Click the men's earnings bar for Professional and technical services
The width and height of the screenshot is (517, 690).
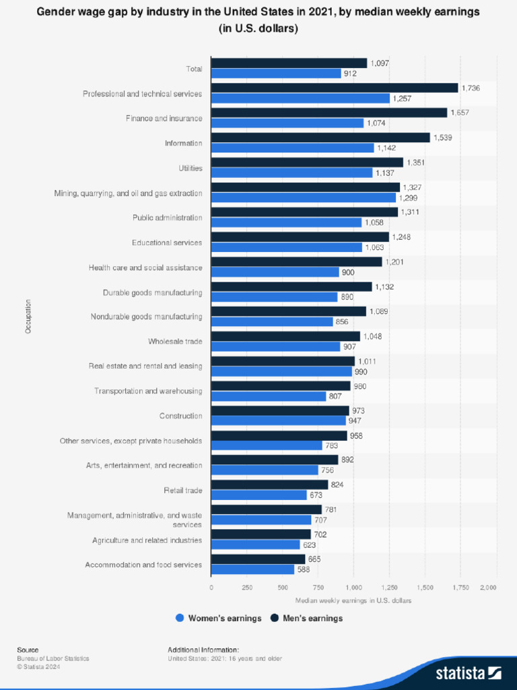point(335,88)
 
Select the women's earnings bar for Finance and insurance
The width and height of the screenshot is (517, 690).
point(287,123)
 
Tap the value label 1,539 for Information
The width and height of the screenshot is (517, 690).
point(443,137)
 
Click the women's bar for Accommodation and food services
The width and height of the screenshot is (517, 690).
point(253,569)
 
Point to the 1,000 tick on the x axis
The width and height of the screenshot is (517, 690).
point(353,588)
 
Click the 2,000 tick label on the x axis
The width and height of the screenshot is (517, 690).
point(487,588)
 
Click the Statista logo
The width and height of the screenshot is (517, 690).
point(468,672)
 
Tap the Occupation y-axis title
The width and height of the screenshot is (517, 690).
point(28,317)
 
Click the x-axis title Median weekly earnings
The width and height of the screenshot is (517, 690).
point(353,600)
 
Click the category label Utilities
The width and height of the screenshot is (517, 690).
point(190,168)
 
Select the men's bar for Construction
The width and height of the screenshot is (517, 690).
point(280,410)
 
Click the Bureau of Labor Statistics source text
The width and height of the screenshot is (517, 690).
point(53,658)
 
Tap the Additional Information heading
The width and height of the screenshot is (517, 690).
point(203,650)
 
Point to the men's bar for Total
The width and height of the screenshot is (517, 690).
point(289,63)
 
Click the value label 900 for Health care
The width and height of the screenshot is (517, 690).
point(348,272)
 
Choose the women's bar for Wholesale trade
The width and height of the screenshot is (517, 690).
point(275,346)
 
